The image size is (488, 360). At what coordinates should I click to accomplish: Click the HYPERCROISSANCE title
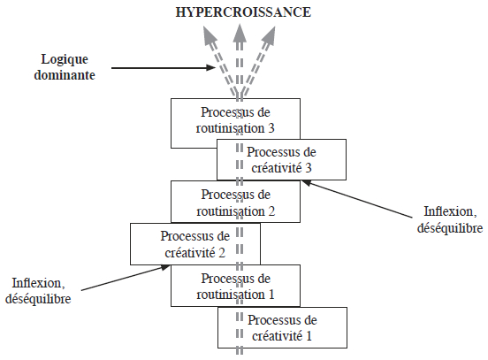[243, 12]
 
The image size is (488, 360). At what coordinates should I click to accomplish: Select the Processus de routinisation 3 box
[235, 123]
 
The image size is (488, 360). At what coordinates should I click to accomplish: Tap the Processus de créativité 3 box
[281, 159]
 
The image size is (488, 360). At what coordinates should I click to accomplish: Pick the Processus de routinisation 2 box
[235, 202]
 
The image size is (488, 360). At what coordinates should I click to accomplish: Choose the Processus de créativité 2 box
[195, 244]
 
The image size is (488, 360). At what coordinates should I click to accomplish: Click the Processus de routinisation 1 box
[235, 286]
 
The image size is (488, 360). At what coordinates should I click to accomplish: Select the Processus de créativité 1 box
[282, 327]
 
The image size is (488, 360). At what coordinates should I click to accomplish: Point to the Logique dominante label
[65, 67]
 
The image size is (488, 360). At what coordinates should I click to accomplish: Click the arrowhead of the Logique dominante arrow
[211, 67]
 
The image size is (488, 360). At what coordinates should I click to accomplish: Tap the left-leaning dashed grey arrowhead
[210, 34]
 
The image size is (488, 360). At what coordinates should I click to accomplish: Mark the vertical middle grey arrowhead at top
[240, 34]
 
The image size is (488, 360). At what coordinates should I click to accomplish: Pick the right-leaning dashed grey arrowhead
[269, 34]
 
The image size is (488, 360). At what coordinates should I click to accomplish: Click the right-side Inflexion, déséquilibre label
[450, 219]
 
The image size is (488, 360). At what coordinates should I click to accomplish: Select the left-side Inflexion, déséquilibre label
[38, 291]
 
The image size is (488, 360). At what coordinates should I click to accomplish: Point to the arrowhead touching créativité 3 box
[307, 183]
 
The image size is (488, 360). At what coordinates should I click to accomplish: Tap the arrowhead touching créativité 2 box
[165, 267]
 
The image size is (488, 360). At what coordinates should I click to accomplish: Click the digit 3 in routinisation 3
[271, 128]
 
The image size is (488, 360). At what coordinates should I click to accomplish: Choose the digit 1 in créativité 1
[309, 336]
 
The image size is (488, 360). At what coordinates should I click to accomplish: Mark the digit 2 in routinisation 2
[271, 211]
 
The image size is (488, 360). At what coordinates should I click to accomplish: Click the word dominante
[65, 75]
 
